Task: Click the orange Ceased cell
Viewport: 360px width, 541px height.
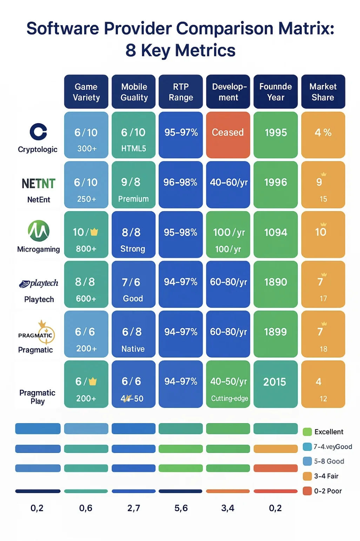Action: pyautogui.click(x=228, y=135)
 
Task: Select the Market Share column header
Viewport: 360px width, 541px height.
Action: pyautogui.click(x=323, y=92)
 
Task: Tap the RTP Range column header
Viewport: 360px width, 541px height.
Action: pyautogui.click(x=181, y=92)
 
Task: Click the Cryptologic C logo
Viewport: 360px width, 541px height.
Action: pyautogui.click(x=38, y=132)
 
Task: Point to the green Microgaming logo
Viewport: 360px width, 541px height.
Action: pyautogui.click(x=39, y=231)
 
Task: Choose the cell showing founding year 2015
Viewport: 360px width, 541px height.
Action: pyautogui.click(x=275, y=384)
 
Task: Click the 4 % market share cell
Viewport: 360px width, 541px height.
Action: pyautogui.click(x=323, y=135)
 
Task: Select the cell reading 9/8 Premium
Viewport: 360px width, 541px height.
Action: pyautogui.click(x=133, y=185)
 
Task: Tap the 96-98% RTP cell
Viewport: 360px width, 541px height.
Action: pyautogui.click(x=181, y=185)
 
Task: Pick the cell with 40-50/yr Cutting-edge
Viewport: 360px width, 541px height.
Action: pyautogui.click(x=228, y=384)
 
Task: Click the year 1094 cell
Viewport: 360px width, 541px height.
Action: pyautogui.click(x=275, y=234)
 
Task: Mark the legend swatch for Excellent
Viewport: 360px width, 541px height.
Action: pyautogui.click(x=307, y=432)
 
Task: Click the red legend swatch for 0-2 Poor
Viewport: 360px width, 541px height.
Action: pyautogui.click(x=307, y=491)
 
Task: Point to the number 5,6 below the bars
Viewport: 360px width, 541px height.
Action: pyautogui.click(x=181, y=508)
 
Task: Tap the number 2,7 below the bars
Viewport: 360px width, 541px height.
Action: pyautogui.click(x=133, y=508)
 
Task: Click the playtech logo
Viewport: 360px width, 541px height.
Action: pyautogui.click(x=39, y=283)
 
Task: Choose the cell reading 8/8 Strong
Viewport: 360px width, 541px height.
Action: pyautogui.click(x=133, y=234)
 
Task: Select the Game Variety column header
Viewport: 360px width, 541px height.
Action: pyautogui.click(x=86, y=92)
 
